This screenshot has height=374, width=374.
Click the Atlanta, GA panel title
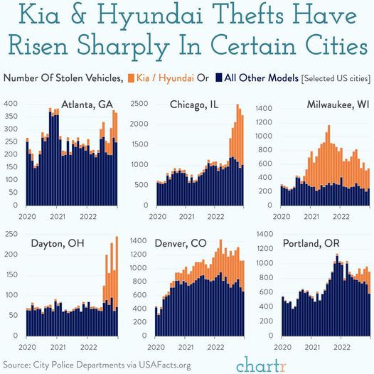[x=87, y=105]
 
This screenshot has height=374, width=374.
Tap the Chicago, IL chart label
[x=194, y=105]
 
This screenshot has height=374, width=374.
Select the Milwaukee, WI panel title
[x=338, y=105]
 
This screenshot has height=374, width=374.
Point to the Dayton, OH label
[x=58, y=243]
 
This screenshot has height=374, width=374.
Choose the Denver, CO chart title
[x=181, y=243]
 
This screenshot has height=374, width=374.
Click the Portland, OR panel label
[x=311, y=243]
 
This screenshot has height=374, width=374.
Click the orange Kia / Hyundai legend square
[x=132, y=78]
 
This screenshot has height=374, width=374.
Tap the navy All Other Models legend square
[x=219, y=78]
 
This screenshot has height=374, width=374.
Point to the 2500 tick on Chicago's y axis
[x=139, y=104]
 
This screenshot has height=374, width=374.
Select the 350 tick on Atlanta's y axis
[x=11, y=117]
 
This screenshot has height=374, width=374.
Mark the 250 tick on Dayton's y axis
[x=11, y=234]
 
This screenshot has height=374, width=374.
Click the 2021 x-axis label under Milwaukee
[x=311, y=217]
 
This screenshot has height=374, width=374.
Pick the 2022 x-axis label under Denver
[x=215, y=347]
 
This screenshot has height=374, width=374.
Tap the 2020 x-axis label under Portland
[x=283, y=347]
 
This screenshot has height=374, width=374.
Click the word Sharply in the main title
[x=123, y=46]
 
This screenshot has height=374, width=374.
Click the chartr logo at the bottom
[x=262, y=365]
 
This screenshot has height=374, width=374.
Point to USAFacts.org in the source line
[x=165, y=365]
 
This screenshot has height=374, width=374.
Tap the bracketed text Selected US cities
[x=336, y=78]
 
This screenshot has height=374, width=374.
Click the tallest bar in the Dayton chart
[x=117, y=287]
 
